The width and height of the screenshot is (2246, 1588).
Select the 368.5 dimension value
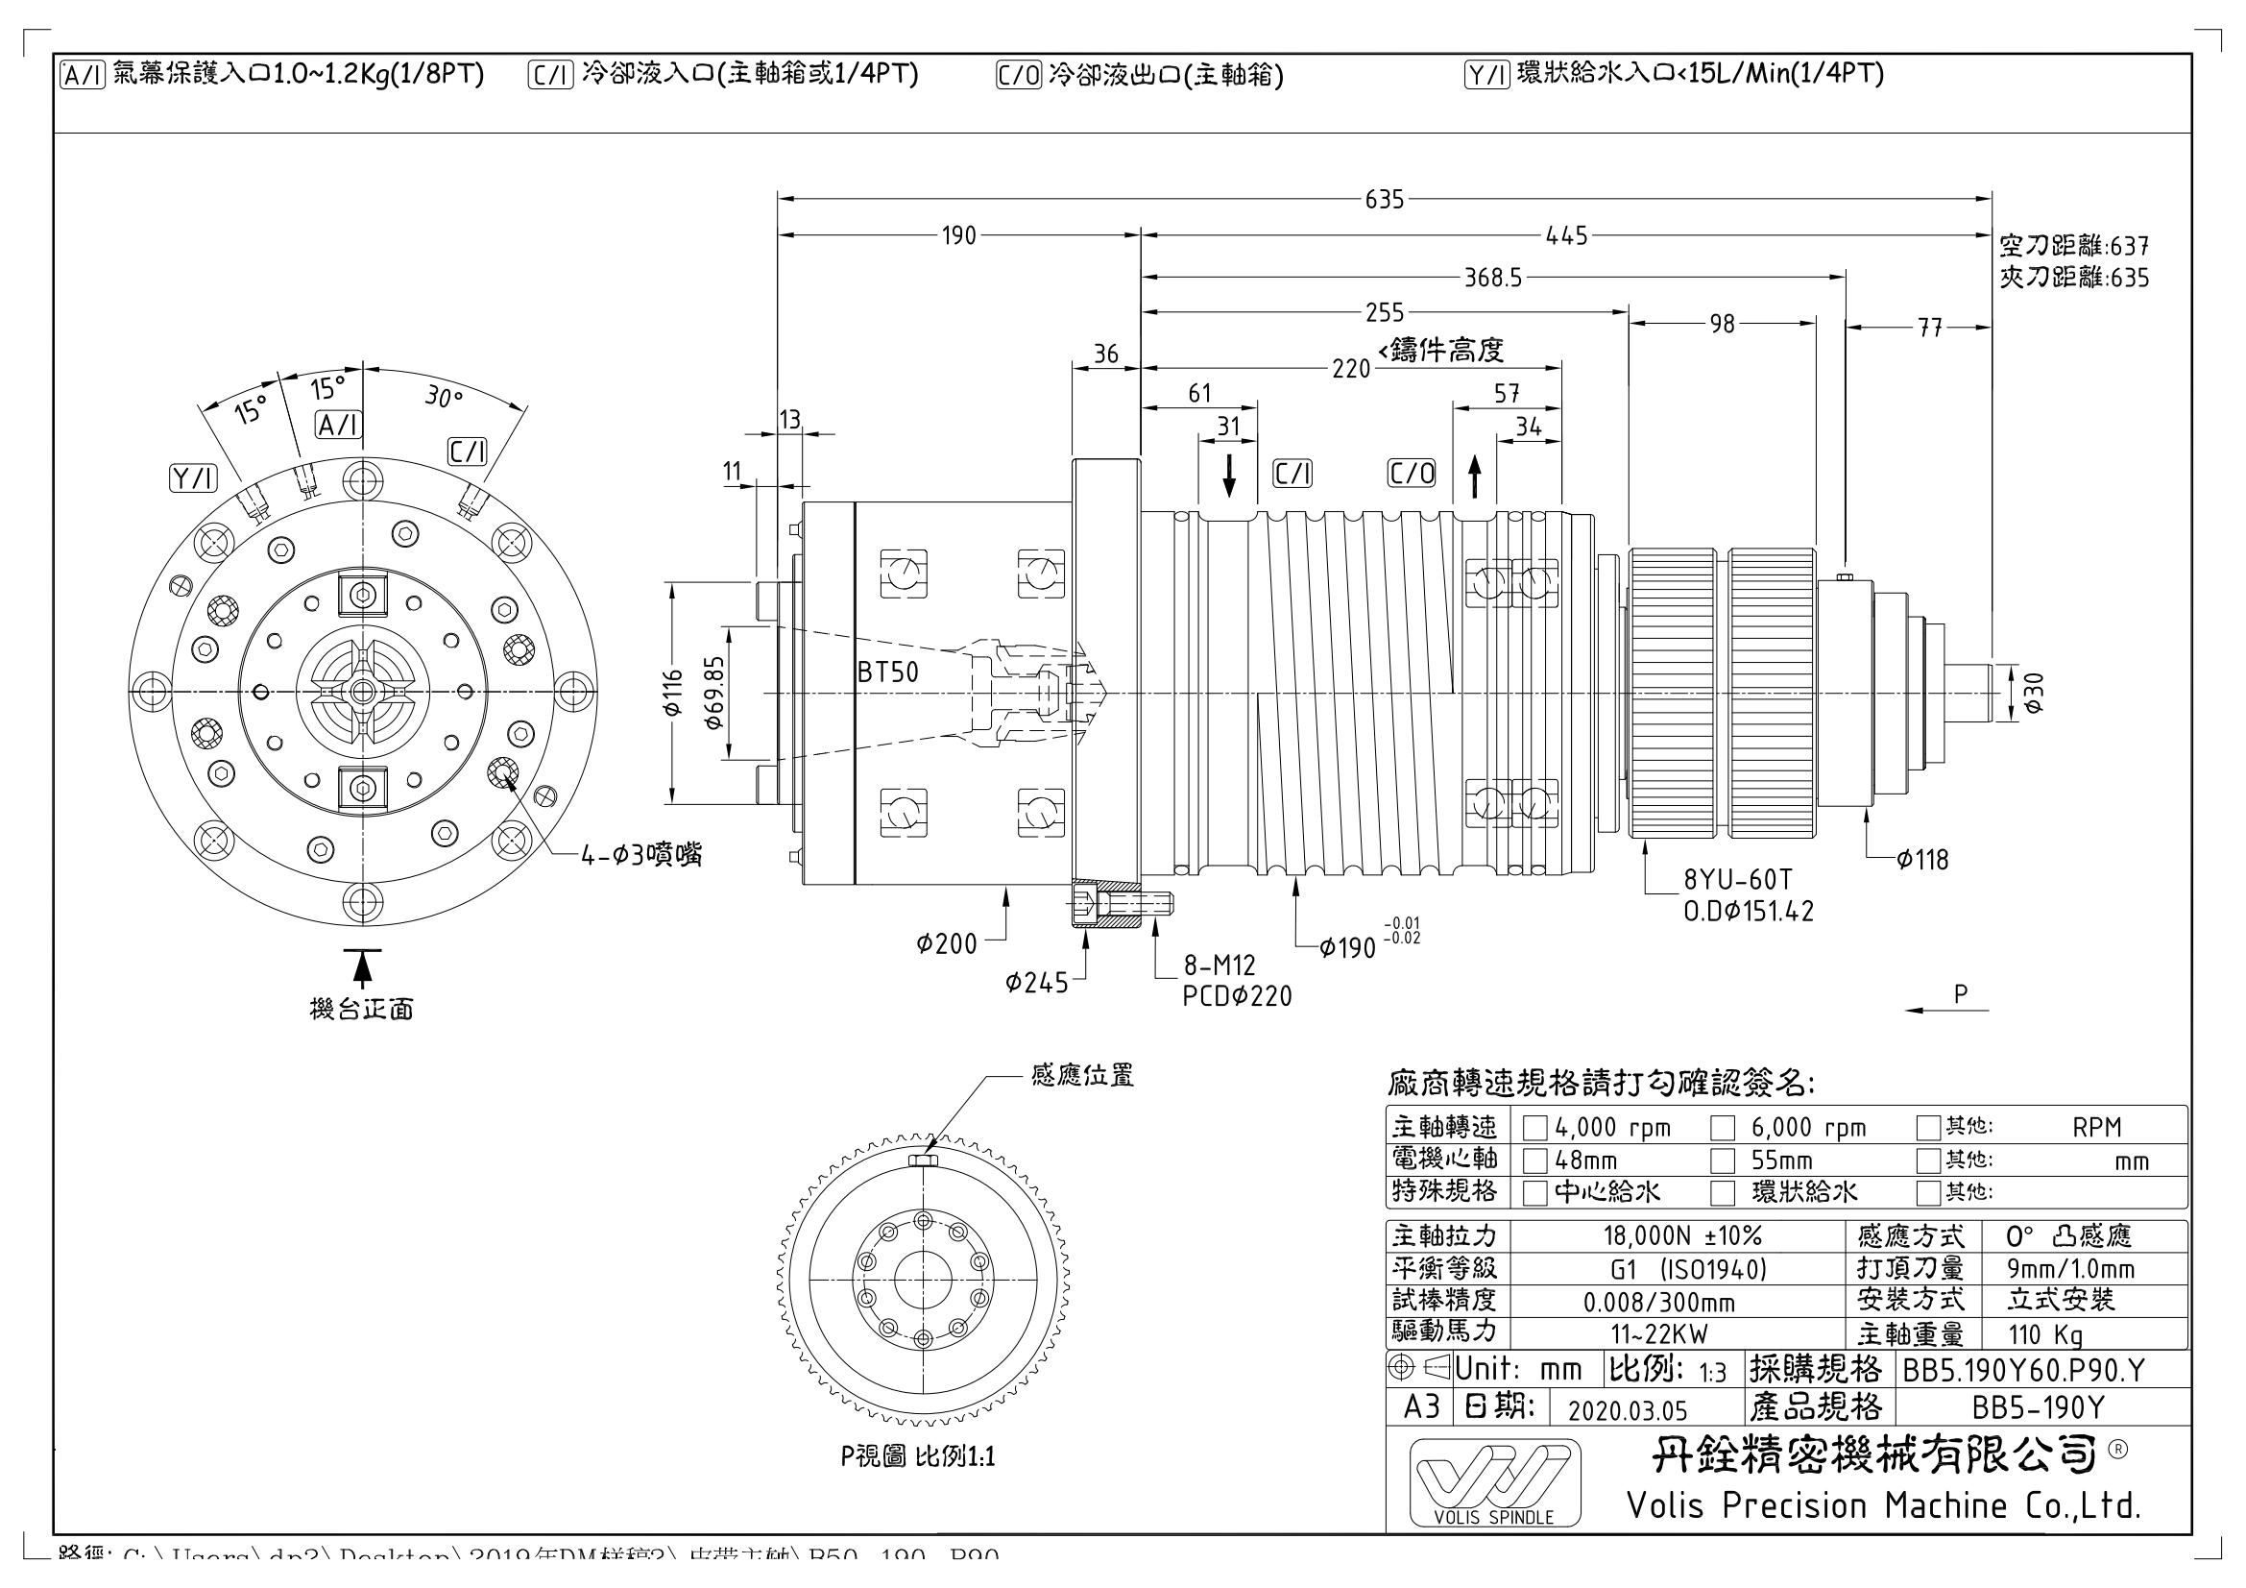tap(1493, 278)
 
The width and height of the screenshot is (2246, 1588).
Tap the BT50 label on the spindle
tap(887, 672)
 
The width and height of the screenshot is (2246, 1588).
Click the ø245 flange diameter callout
tap(1036, 982)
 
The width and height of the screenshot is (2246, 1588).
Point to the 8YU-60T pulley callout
tap(1737, 880)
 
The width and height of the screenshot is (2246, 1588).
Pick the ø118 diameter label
tap(1922, 860)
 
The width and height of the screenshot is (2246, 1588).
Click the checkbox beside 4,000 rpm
tap(1534, 1128)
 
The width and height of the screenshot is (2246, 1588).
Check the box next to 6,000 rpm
tap(1722, 1128)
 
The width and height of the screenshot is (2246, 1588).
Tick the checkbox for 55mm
tap(1722, 1160)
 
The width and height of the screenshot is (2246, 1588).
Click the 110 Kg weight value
tap(2044, 1334)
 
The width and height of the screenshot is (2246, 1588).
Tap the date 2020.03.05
tap(1627, 1410)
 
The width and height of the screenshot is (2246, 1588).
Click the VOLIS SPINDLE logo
tap(1494, 1482)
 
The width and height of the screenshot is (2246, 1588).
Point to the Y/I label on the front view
tap(193, 477)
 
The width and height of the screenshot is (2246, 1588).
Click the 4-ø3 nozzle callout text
tap(640, 855)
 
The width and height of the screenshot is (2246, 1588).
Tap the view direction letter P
tap(1960, 994)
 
